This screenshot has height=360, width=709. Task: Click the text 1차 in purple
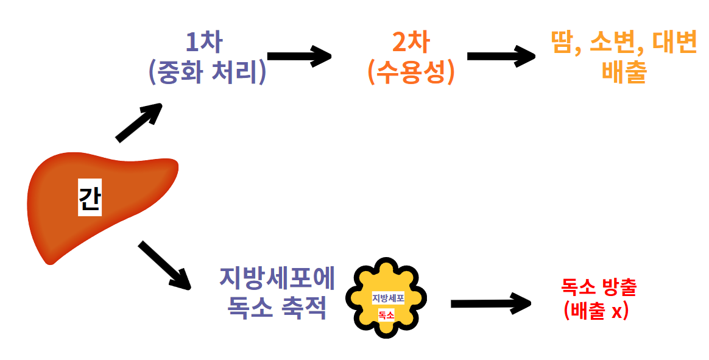click(x=203, y=43)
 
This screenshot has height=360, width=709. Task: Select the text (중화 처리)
click(x=207, y=72)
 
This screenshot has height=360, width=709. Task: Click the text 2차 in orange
click(x=411, y=43)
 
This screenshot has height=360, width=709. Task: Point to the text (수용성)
click(x=411, y=72)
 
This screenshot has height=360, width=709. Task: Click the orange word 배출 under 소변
click(x=624, y=72)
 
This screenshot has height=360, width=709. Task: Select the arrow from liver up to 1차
click(x=139, y=122)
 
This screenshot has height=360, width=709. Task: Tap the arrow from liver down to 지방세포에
click(x=164, y=265)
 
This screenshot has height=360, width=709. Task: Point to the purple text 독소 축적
click(x=277, y=308)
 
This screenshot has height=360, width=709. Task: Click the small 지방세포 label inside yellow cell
click(x=388, y=298)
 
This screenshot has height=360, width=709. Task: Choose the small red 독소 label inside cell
click(x=386, y=315)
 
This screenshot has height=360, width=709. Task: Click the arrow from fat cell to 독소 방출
click(x=491, y=303)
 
